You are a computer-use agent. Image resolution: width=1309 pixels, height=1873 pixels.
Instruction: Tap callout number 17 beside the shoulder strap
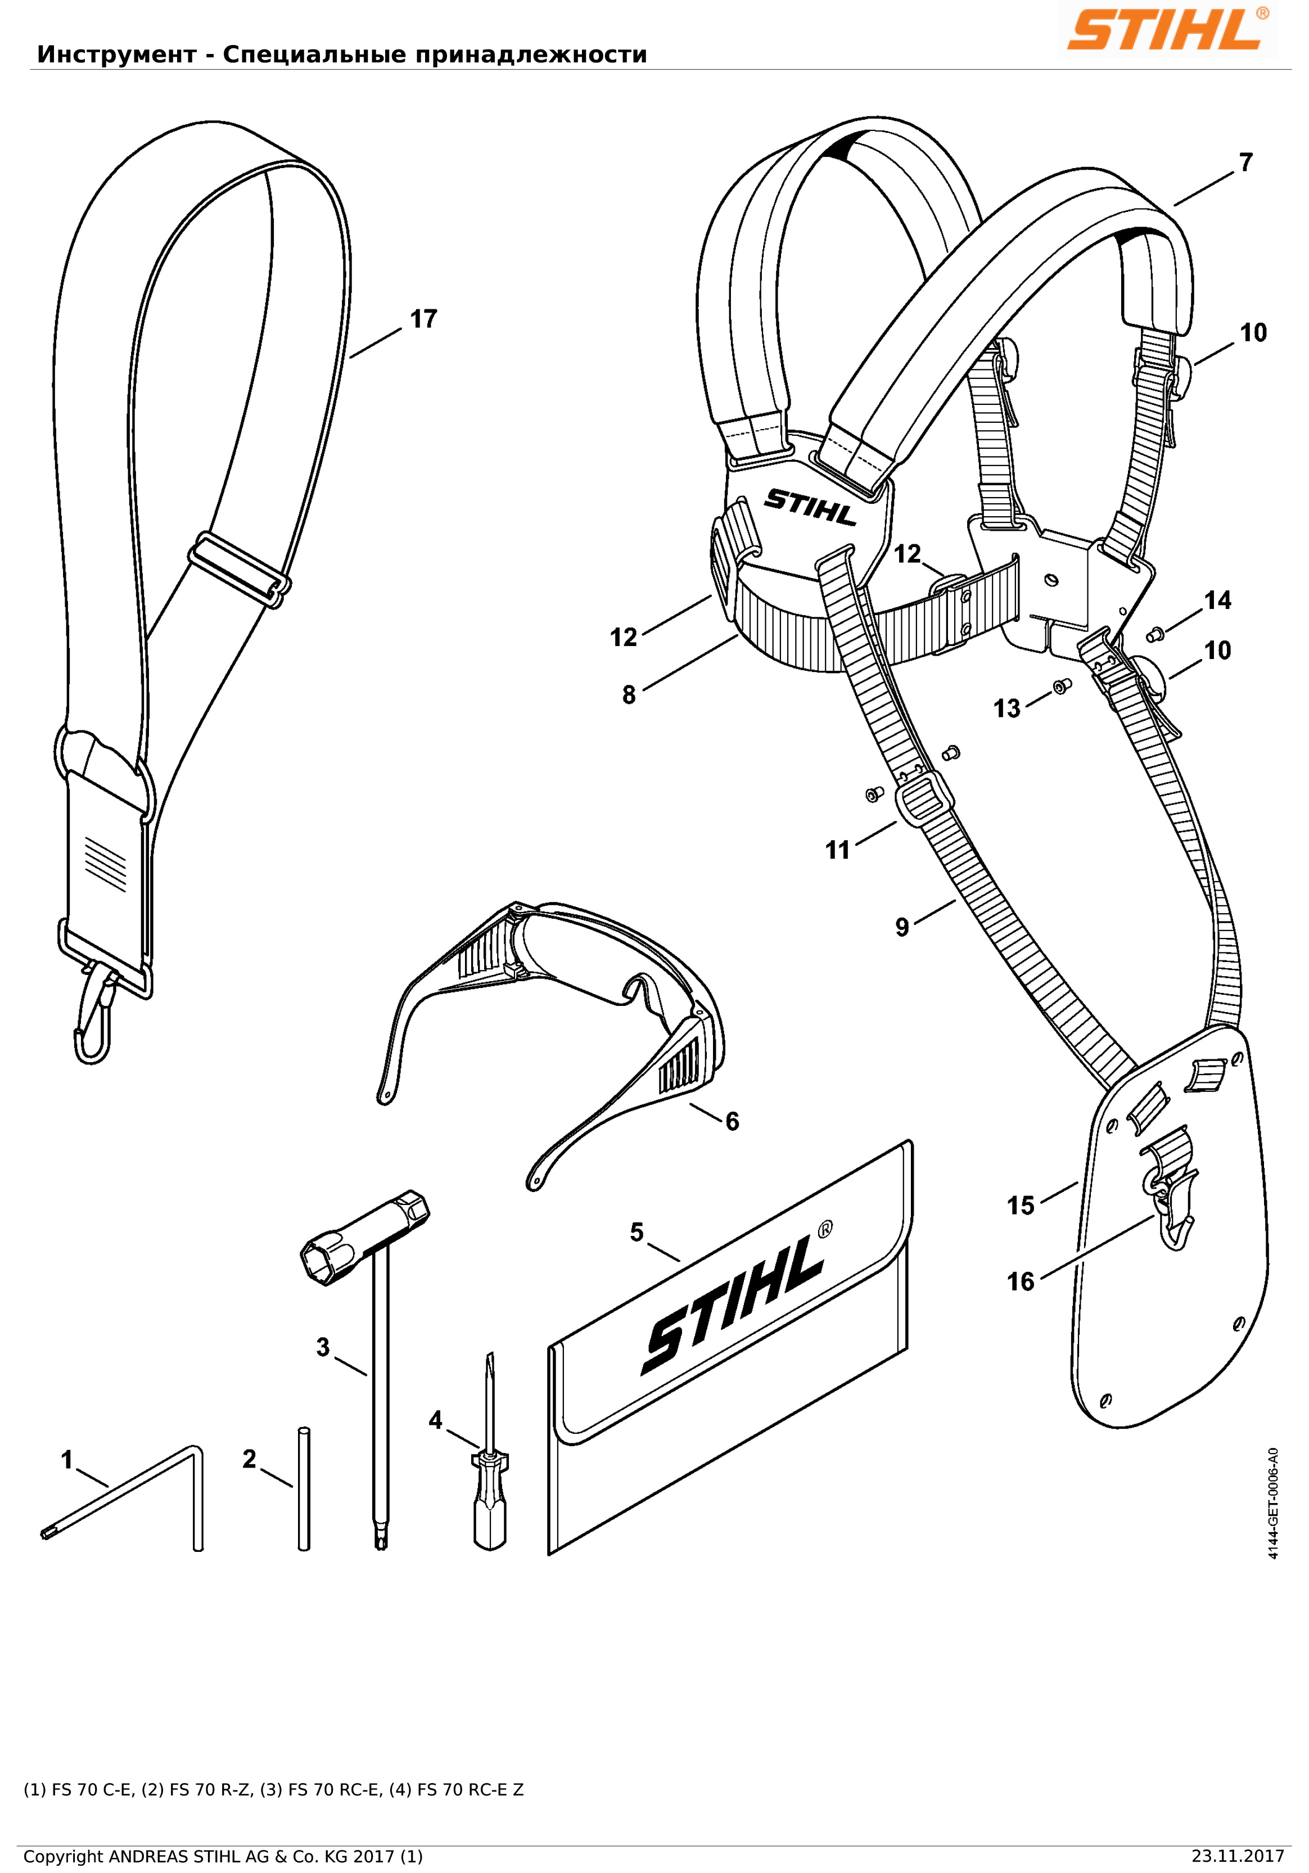coord(423,319)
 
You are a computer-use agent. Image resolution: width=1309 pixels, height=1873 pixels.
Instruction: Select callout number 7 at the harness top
coord(1245,163)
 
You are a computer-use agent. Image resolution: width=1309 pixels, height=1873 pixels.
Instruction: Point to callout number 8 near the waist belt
coord(629,695)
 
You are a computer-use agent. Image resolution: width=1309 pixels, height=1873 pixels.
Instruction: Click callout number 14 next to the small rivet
coord(1218,601)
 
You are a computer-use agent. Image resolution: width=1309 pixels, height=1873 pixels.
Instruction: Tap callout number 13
coord(1006,708)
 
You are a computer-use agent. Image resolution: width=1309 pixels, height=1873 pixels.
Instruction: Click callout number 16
coord(1021,1281)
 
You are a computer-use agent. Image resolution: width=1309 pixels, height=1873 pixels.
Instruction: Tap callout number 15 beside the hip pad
coord(1021,1206)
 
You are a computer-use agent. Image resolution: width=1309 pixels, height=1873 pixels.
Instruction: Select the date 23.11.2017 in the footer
coord(1237,1856)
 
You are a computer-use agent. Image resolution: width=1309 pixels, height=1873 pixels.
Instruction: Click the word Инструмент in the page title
coord(116,55)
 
